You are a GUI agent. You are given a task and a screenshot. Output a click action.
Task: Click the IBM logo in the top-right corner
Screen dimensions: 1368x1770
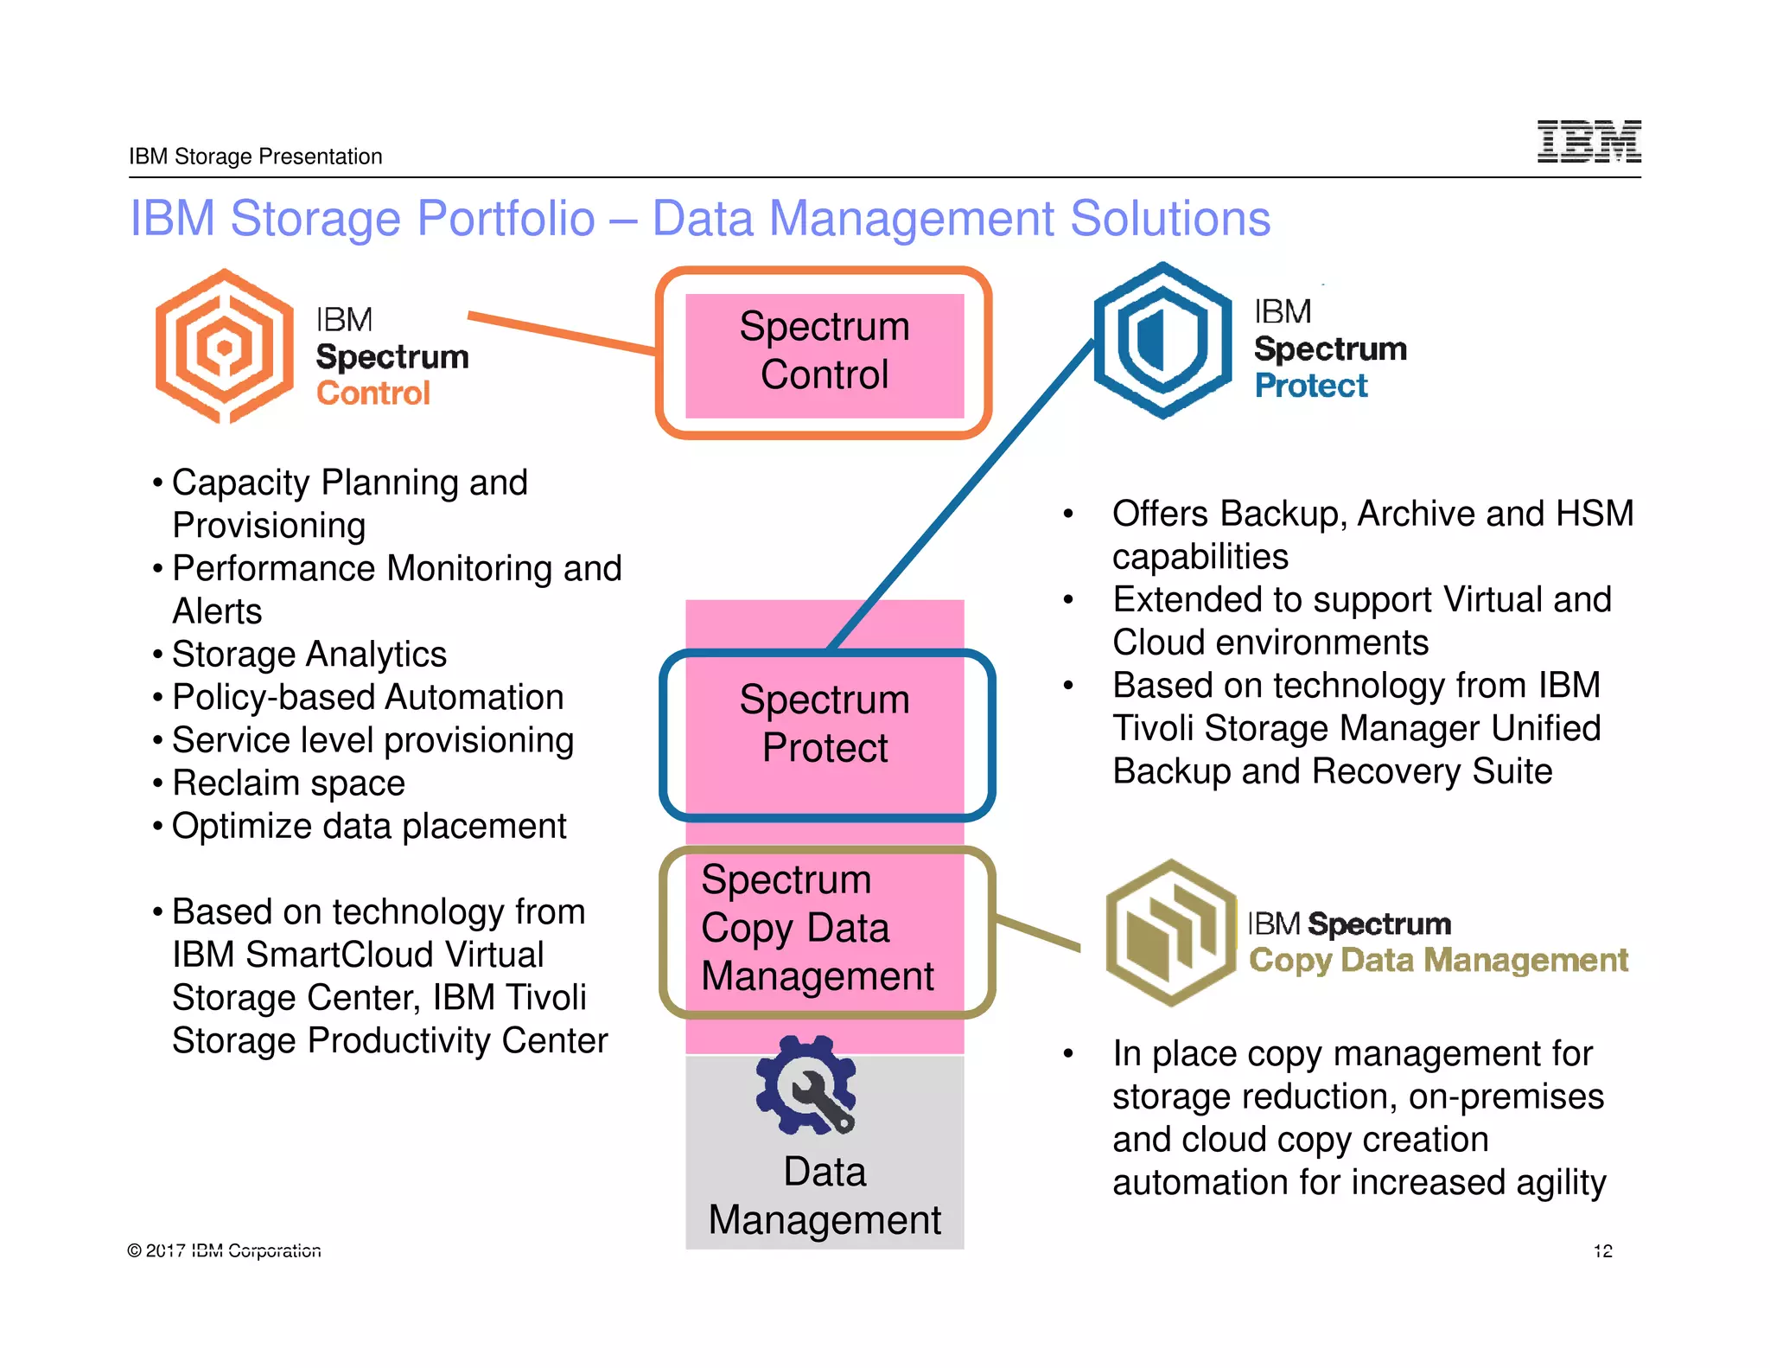point(1589,141)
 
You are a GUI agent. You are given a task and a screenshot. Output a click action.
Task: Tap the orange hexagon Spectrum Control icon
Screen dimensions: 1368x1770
point(225,347)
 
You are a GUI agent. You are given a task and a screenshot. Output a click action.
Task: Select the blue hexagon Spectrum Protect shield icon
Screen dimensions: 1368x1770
point(1162,340)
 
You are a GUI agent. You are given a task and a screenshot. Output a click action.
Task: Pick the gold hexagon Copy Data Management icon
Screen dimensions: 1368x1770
point(1171,933)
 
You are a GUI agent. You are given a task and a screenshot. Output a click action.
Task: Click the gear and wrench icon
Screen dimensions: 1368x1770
point(806,1085)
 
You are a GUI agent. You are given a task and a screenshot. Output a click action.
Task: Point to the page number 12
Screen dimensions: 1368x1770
point(1602,1250)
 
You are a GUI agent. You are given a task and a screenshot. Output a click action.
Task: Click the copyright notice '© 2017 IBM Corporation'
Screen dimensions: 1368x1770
point(224,1250)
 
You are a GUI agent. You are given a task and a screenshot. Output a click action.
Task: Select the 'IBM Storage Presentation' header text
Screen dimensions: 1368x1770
point(255,157)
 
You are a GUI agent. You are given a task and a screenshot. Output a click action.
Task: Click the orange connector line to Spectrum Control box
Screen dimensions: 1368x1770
point(562,333)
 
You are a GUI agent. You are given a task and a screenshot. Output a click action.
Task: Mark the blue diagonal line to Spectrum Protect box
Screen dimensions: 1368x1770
point(959,497)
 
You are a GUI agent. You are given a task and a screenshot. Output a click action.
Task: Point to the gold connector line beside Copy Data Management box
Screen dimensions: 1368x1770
point(1037,934)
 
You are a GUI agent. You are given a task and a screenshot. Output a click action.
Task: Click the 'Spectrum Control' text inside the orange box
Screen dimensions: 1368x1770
point(825,350)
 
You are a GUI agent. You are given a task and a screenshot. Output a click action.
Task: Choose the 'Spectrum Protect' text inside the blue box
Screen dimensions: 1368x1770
point(825,723)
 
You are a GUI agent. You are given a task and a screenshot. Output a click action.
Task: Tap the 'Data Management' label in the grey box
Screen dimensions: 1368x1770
point(825,1195)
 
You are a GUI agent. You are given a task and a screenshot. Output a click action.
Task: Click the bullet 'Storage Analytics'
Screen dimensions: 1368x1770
point(309,655)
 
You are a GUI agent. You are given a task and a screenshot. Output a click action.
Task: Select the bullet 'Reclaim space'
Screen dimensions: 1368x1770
point(288,783)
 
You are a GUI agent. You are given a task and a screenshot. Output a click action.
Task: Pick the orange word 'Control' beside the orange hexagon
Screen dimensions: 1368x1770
point(372,393)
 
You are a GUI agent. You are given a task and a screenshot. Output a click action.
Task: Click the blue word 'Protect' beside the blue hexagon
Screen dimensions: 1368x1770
point(1310,386)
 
